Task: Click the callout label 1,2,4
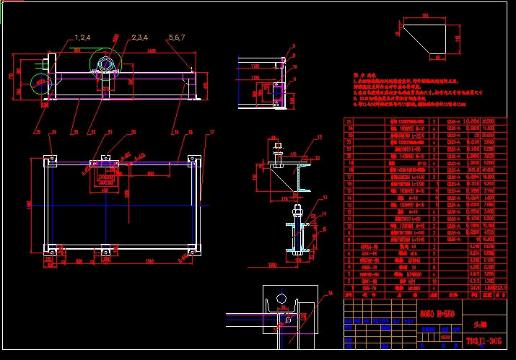click(82, 37)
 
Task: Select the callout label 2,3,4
click(139, 37)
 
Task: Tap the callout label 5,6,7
click(178, 37)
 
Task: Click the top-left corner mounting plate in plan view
click(49, 159)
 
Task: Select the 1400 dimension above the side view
click(151, 51)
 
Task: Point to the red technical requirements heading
click(361, 74)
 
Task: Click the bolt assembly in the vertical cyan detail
click(297, 231)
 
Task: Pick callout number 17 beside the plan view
click(211, 133)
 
